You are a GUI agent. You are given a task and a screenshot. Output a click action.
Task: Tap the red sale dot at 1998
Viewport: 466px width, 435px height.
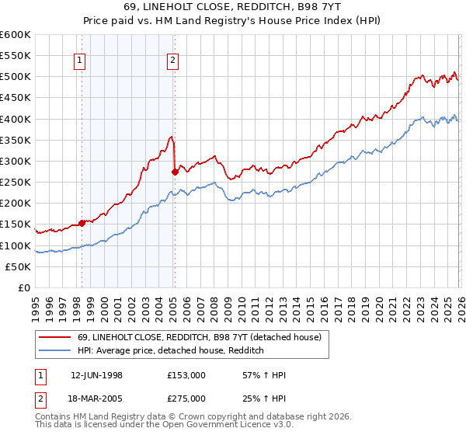82,223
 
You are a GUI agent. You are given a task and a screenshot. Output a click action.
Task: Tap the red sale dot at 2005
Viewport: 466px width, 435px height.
175,172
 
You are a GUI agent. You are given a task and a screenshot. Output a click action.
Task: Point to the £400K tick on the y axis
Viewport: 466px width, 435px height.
16,119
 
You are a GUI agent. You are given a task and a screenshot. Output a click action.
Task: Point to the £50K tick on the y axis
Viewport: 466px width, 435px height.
18,266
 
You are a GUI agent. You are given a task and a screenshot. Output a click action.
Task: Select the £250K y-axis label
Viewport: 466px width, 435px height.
16,182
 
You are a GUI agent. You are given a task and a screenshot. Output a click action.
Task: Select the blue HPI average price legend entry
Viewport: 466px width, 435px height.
171,350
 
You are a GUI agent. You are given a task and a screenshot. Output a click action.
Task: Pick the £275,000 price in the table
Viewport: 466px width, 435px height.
186,398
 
